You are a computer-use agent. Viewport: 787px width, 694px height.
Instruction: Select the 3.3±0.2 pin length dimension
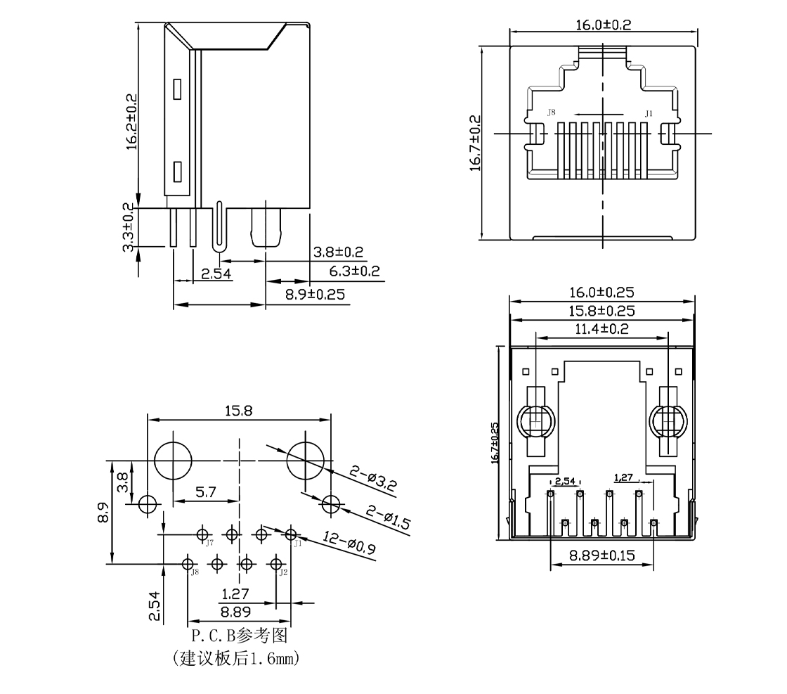pos(129,228)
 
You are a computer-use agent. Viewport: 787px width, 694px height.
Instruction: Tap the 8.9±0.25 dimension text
pos(315,295)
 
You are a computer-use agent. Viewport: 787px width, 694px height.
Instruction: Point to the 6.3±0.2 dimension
pos(354,271)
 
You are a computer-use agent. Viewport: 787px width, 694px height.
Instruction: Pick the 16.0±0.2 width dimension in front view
pos(603,25)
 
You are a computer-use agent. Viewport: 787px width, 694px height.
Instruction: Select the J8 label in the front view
pos(552,113)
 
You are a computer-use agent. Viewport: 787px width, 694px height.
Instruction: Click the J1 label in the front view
pos(649,113)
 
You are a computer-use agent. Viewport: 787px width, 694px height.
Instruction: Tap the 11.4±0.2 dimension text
pos(602,328)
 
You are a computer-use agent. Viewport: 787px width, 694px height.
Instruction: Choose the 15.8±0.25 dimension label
pos(602,310)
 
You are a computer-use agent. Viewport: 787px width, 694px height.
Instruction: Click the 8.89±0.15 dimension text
pos(601,555)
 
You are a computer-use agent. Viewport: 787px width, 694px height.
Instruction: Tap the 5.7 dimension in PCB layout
pos(206,492)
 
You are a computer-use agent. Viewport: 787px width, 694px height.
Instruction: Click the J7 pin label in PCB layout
pos(209,543)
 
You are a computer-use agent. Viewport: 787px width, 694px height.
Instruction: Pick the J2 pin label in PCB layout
pos(282,572)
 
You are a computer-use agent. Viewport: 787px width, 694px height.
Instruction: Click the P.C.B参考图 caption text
pos(240,637)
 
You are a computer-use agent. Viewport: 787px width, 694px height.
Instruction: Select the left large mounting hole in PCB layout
pos(173,461)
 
